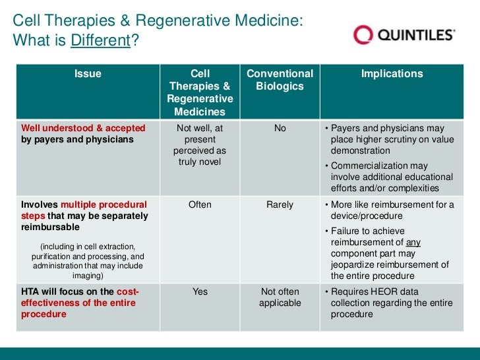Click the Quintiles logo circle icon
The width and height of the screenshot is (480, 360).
pyautogui.click(x=363, y=35)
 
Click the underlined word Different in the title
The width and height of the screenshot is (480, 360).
pyautogui.click(x=100, y=41)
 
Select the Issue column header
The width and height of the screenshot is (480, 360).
pyautogui.click(x=88, y=74)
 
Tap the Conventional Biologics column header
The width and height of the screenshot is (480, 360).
pyautogui.click(x=280, y=80)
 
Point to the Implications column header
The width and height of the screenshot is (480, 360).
pyautogui.click(x=392, y=74)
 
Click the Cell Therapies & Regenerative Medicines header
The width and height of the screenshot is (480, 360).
pyautogui.click(x=200, y=92)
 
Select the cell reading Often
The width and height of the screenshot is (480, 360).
pyautogui.click(x=200, y=204)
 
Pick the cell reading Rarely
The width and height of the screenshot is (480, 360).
pyautogui.click(x=280, y=204)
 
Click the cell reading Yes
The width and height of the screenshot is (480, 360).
pyautogui.click(x=200, y=291)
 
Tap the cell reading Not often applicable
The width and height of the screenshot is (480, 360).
pyautogui.click(x=280, y=297)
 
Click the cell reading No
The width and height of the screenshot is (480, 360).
pyautogui.click(x=280, y=128)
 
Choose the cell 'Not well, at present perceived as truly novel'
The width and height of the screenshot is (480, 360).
pyautogui.click(x=200, y=145)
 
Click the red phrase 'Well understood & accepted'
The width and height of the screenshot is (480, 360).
pyautogui.click(x=83, y=128)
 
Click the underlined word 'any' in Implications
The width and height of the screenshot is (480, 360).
pyautogui.click(x=413, y=242)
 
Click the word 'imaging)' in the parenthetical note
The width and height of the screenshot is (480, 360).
pyautogui.click(x=88, y=276)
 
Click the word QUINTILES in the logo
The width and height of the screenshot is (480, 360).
pyautogui.click(x=417, y=35)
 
